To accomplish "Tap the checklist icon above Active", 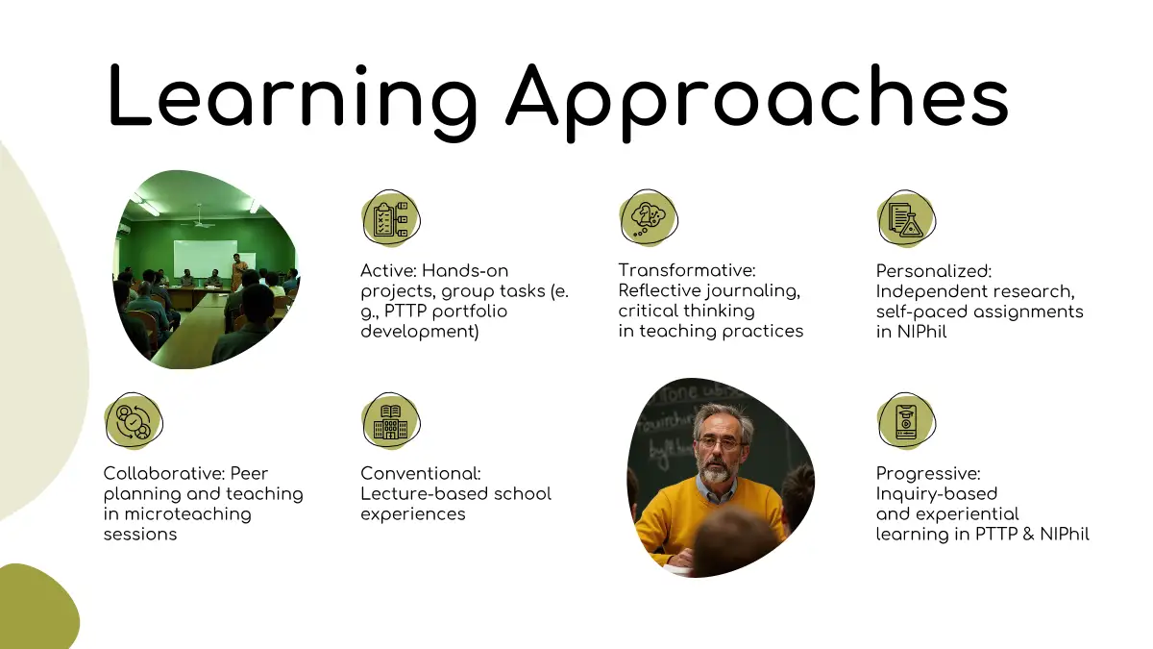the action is [391, 219].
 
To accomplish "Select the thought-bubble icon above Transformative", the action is [649, 218].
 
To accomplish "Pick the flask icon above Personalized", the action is [906, 219].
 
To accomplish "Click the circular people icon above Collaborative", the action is [134, 421].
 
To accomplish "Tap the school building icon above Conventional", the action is [391, 421].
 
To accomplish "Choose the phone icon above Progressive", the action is [906, 421].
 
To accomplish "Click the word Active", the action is [388, 271].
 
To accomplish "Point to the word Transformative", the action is [687, 270].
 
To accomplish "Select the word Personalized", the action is [934, 271].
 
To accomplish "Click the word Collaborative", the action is [163, 473].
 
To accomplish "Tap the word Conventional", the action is [421, 473].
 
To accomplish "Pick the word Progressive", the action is [928, 473].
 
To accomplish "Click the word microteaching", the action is [188, 514].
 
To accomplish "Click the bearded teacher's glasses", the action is [721, 443].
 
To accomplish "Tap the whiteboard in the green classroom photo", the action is [206, 258].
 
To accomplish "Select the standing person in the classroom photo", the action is [238, 272].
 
